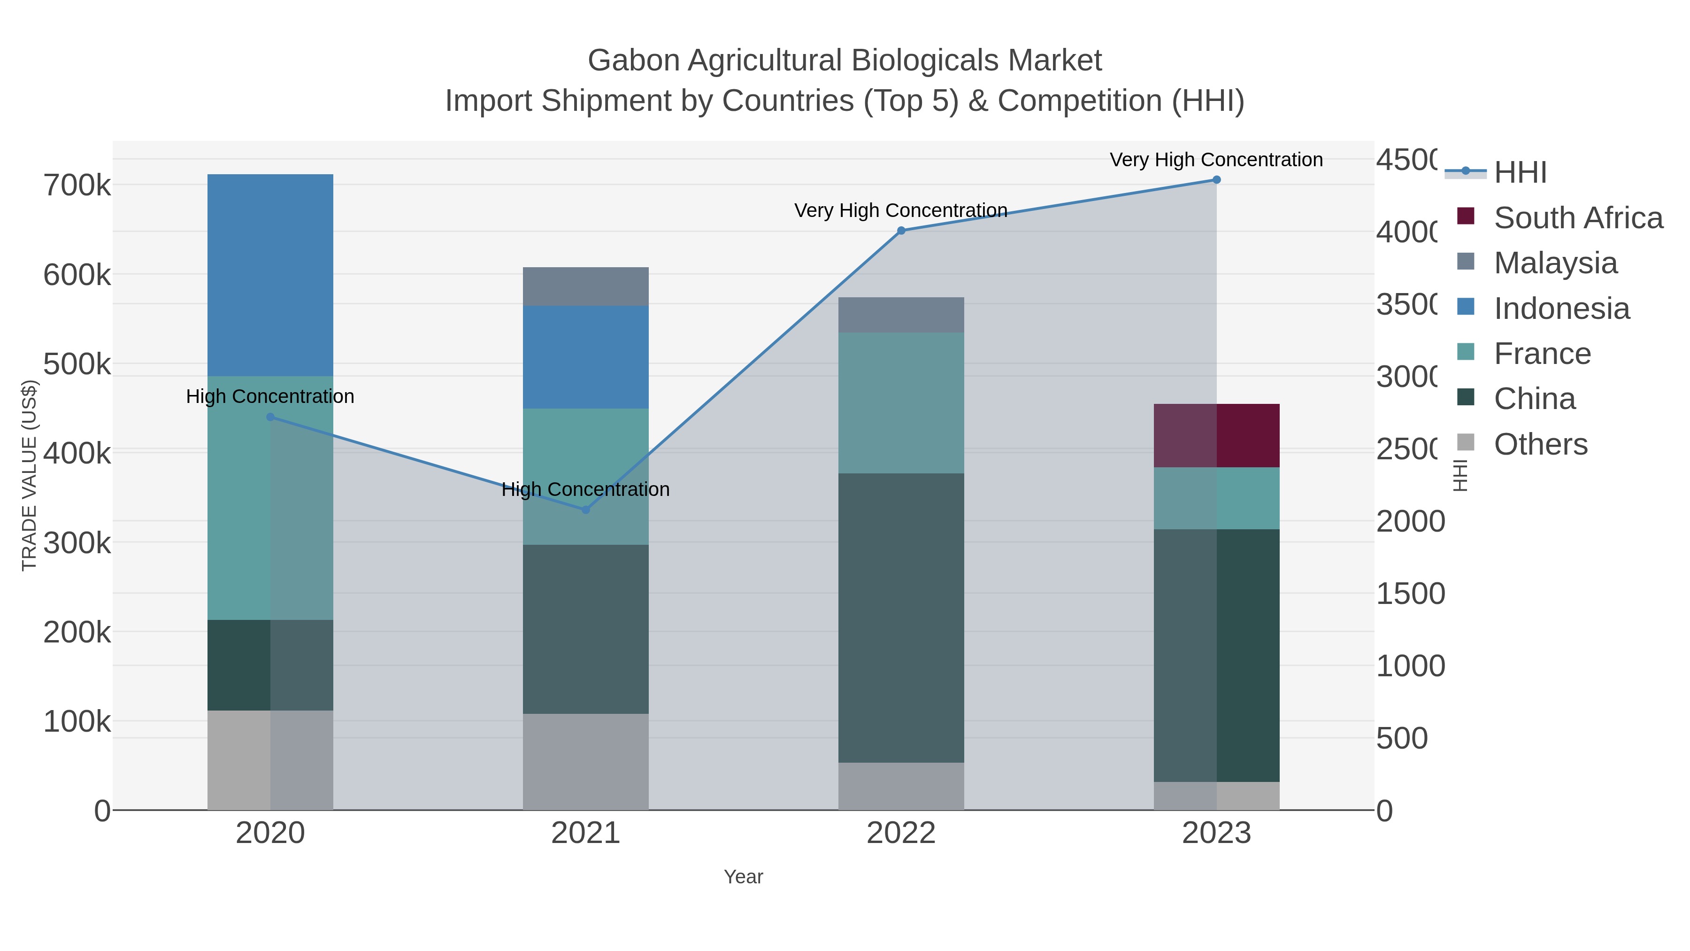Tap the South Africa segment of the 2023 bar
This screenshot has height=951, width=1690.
click(1216, 435)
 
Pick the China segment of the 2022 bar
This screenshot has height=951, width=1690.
click(901, 617)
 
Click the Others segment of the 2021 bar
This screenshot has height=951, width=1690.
click(585, 761)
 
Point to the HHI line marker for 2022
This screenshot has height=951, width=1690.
click(901, 231)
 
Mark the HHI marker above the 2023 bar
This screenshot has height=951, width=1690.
click(1216, 180)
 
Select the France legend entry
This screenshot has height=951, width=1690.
click(1542, 354)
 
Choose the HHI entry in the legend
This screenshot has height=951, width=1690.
click(1520, 173)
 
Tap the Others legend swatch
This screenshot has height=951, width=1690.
click(1465, 443)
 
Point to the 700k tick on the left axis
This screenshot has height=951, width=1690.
click(77, 186)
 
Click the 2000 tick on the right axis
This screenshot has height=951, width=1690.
click(1411, 522)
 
